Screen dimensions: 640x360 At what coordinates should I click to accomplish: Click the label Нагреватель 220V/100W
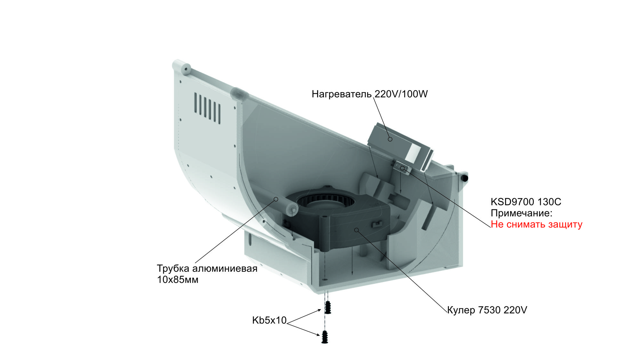(x=370, y=94)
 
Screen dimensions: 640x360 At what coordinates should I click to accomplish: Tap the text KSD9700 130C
(x=526, y=202)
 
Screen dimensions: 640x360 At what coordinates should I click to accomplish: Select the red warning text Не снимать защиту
(x=536, y=224)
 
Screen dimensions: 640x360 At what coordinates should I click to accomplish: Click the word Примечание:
(x=522, y=213)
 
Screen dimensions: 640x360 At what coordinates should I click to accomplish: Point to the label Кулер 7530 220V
(x=487, y=310)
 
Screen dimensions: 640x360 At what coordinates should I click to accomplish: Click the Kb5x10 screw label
(x=269, y=320)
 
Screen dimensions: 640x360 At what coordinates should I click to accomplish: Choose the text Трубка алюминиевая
(x=207, y=268)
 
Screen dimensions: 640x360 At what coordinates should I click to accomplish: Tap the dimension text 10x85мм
(x=178, y=280)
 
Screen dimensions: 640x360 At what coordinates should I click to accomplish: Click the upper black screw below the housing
(x=328, y=307)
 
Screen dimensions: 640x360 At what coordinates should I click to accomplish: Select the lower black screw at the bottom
(x=324, y=337)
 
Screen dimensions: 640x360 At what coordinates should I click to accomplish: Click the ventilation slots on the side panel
(x=207, y=108)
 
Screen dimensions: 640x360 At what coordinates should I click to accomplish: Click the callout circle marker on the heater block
(x=390, y=139)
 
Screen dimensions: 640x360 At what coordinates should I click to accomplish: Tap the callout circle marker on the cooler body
(x=356, y=230)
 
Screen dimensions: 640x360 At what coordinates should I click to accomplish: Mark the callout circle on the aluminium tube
(x=276, y=199)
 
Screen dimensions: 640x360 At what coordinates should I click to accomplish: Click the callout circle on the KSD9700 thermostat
(x=402, y=168)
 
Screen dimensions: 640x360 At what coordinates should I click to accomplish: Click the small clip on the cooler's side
(x=377, y=224)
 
